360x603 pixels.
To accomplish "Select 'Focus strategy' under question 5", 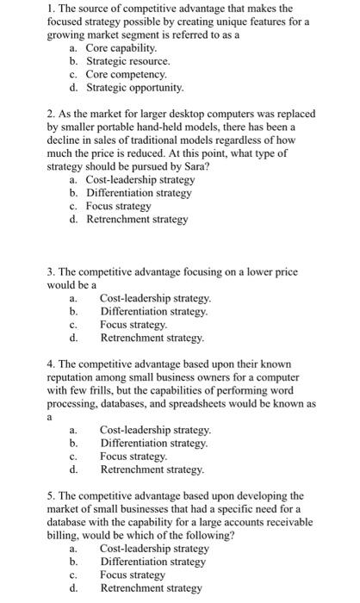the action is [133, 575].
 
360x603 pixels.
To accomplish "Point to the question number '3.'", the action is [53, 271].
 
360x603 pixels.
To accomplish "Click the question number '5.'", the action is [53, 495].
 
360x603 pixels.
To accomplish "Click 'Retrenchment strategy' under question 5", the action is [151, 587].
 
